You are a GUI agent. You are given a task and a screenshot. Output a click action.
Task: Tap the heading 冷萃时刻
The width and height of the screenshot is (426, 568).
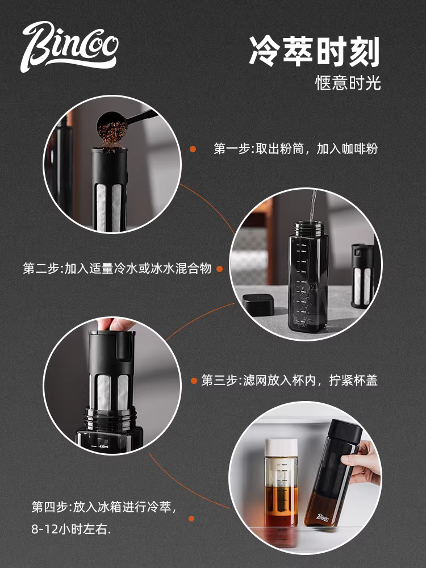tap(314, 52)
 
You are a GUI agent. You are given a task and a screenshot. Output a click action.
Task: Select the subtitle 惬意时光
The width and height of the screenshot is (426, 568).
tap(348, 83)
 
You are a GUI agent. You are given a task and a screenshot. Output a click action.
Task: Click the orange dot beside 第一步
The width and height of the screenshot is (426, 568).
tap(193, 149)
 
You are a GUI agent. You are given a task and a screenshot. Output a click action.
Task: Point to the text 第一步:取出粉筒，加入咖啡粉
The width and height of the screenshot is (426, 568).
tap(295, 149)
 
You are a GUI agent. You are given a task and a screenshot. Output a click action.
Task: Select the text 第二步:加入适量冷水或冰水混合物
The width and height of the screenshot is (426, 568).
tap(117, 268)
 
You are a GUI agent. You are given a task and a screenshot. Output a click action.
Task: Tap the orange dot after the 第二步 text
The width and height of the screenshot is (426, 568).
tap(219, 268)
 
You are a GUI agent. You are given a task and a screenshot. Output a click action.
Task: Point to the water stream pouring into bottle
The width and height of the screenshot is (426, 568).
tap(311, 207)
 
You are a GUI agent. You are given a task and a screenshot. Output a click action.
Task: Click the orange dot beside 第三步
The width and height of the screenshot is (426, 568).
tap(193, 380)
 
